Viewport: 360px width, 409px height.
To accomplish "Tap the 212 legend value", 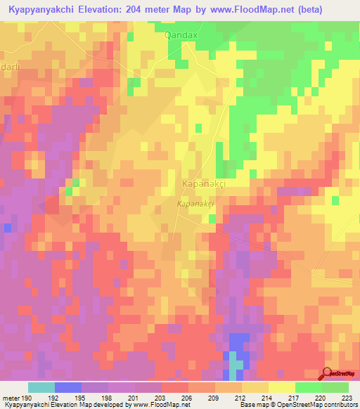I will pos(241,398).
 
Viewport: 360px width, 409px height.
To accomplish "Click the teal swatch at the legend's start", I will pos(41,387).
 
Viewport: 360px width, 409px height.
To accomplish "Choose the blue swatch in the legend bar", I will pos(68,387).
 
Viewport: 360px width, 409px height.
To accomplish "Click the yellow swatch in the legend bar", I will pos(281,387).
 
